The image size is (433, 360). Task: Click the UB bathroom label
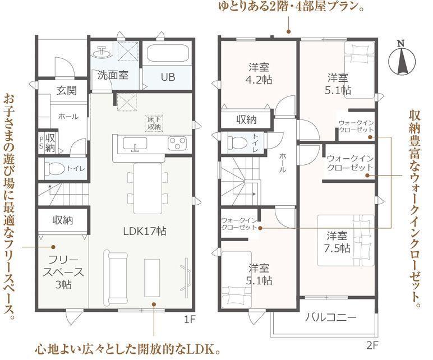click(168, 77)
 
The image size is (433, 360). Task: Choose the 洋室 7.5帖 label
click(339, 241)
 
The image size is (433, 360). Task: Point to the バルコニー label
click(331, 317)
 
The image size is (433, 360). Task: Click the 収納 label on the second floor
click(246, 119)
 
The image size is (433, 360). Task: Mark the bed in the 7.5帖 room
click(346, 240)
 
